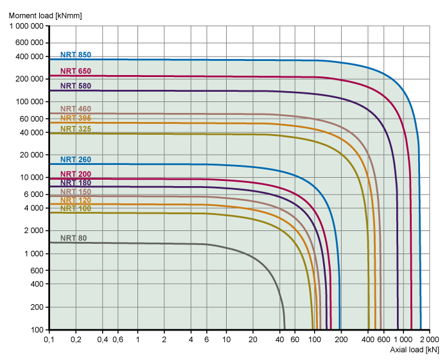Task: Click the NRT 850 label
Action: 76,55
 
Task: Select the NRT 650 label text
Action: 76,71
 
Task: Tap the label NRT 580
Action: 76,85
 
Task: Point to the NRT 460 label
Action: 76,109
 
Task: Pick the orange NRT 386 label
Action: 76,118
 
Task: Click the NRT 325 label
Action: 76,129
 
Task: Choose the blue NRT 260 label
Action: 76,159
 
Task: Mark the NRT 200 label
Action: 76,175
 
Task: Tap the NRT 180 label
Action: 76,183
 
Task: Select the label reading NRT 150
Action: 76,192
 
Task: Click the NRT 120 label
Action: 76,200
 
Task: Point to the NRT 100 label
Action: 76,209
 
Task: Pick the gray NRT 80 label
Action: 73,238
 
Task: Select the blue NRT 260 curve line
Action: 193,164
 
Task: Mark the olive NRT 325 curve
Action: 193,133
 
